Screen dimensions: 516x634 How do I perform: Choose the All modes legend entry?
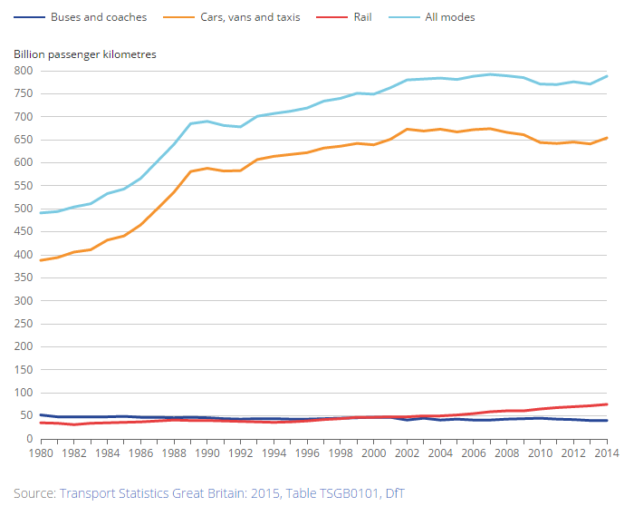449,17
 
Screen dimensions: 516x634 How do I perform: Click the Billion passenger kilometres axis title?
85,54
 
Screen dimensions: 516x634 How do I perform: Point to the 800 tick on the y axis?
24,71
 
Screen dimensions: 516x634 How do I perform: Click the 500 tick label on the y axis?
24,209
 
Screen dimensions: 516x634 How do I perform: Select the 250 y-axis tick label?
24,324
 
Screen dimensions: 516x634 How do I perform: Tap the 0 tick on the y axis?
30,439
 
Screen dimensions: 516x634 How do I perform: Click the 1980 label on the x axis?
41,453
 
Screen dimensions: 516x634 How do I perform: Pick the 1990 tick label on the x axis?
207,453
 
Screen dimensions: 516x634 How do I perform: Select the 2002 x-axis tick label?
407,453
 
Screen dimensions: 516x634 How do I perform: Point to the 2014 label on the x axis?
607,453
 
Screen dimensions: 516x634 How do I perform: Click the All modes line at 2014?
607,76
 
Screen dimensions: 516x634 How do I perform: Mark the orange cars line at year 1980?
41,260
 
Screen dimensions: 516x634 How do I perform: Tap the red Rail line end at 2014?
607,404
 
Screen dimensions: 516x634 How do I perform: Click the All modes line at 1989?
190,123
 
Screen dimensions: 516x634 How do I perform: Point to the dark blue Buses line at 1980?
41,415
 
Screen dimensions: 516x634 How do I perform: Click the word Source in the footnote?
34,493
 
